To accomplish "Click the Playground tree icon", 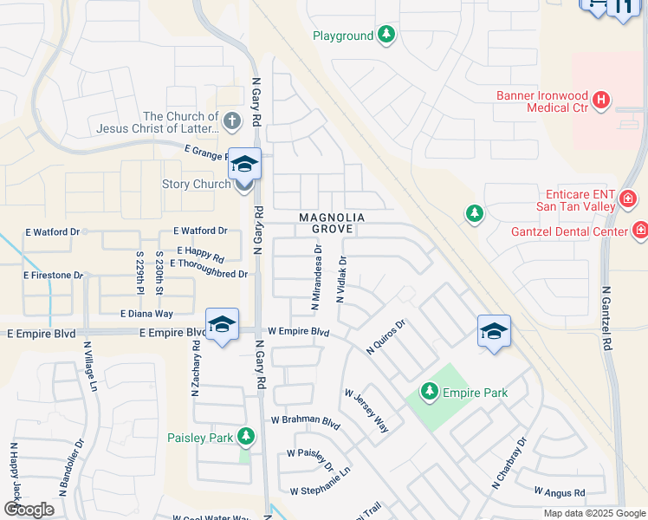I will click(x=386, y=36).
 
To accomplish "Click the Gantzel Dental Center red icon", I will click(x=640, y=231).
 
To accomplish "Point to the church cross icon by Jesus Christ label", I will click(x=231, y=121).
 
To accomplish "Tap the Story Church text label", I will click(x=196, y=184).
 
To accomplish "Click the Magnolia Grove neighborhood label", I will click(x=332, y=223).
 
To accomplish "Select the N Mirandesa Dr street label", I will click(x=317, y=277).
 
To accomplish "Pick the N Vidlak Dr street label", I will click(x=342, y=279).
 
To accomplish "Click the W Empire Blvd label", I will click(x=298, y=332).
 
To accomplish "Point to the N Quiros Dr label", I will click(x=386, y=337).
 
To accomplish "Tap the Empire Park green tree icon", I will click(x=429, y=393).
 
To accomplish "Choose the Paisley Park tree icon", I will click(x=247, y=436).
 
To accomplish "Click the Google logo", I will click(x=29, y=510).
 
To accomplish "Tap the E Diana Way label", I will click(x=146, y=314).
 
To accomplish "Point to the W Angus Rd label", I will click(x=560, y=492).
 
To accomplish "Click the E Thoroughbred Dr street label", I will click(x=209, y=274).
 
